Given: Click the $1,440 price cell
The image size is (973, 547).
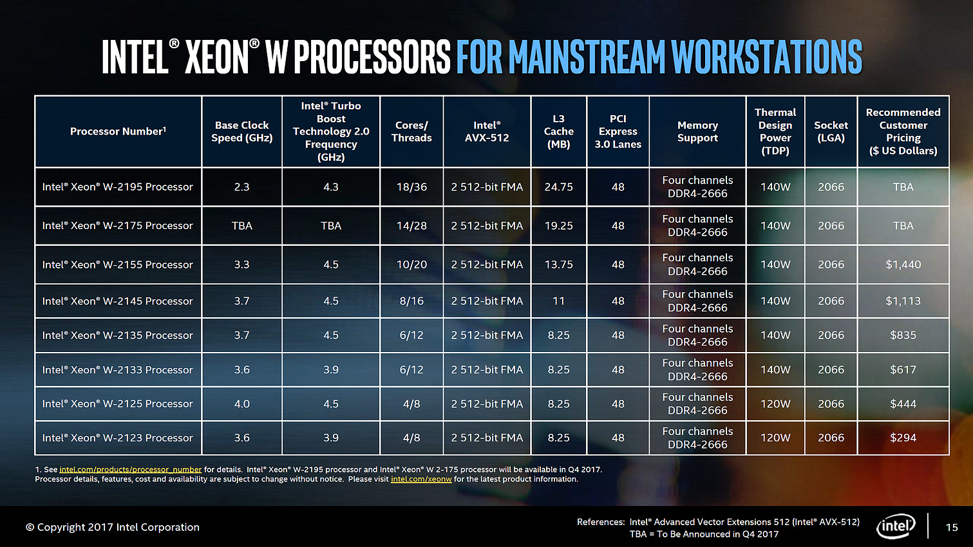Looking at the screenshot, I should click(903, 264).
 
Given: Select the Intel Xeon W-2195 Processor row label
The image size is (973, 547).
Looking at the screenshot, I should click(117, 187).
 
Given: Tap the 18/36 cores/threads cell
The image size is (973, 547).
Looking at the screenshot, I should click(411, 187).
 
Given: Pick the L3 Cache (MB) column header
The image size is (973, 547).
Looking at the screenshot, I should click(558, 131).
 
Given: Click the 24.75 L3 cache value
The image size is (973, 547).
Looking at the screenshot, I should click(558, 187).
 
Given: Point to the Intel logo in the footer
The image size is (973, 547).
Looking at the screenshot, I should click(896, 526).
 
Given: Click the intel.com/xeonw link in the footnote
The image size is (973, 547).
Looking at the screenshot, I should click(421, 479).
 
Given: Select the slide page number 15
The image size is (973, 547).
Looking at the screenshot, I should click(952, 527).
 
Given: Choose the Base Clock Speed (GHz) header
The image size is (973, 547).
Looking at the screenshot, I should click(241, 131).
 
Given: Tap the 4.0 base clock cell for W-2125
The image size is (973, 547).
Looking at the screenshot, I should click(241, 404).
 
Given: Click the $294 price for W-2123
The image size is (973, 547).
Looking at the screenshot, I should click(903, 438).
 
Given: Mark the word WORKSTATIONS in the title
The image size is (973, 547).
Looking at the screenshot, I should click(766, 57).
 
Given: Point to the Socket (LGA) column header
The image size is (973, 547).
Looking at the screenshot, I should click(831, 131).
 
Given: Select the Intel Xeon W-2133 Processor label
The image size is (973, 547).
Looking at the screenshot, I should click(117, 370).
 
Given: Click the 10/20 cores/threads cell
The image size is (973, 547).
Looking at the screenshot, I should click(411, 264).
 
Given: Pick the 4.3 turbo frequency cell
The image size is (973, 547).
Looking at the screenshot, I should click(331, 187).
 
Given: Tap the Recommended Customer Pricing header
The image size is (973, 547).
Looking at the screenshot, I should click(903, 131).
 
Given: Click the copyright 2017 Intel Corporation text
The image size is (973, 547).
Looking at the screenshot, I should click(113, 527).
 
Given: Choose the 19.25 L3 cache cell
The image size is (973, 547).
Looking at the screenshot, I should click(558, 226).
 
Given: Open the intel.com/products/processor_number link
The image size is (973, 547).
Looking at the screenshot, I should click(130, 470).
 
